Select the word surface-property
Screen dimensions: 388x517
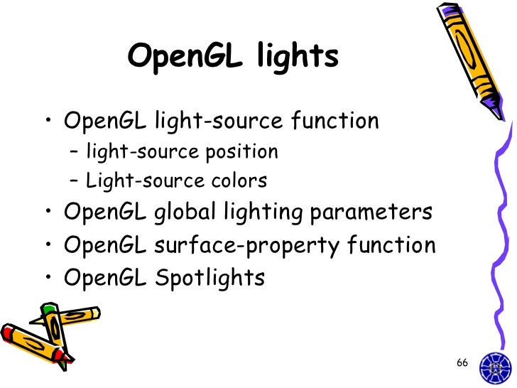pyautogui.click(x=249, y=246)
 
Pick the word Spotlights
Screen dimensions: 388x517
pyautogui.click(x=209, y=278)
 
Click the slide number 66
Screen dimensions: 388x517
pyautogui.click(x=462, y=363)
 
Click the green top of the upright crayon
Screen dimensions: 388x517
pyautogui.click(x=49, y=310)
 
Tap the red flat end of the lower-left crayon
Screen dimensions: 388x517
pyautogui.click(x=9, y=333)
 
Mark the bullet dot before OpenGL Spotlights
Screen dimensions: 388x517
pyautogui.click(x=48, y=279)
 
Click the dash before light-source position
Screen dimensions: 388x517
pyautogui.click(x=75, y=153)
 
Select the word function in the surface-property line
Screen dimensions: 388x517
pyautogui.click(x=391, y=246)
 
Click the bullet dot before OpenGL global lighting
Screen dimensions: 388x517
pyautogui.click(x=48, y=214)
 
